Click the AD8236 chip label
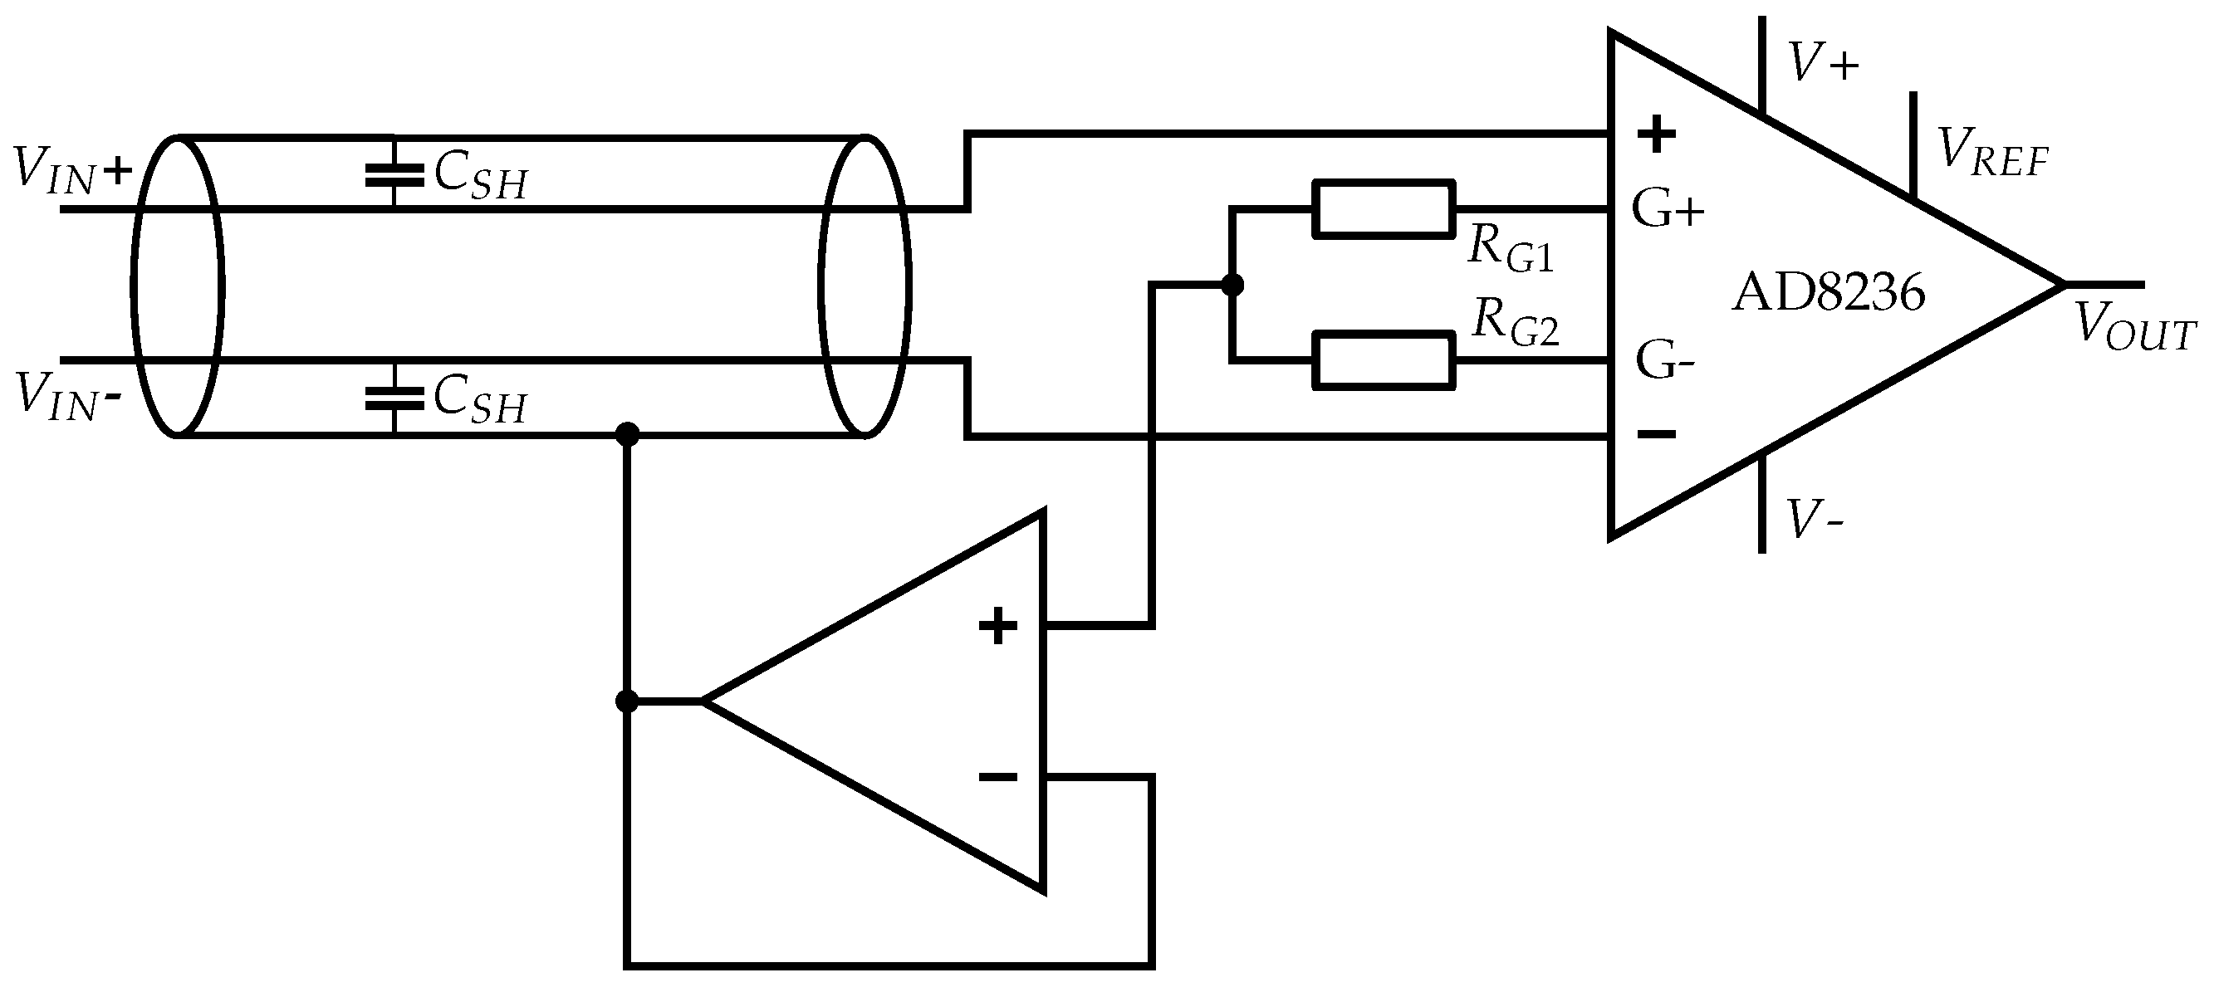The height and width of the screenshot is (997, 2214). click(x=1828, y=293)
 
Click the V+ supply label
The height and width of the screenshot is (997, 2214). click(x=1822, y=63)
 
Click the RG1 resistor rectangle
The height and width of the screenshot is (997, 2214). click(x=1383, y=208)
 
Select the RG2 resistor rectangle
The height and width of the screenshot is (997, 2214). click(x=1383, y=362)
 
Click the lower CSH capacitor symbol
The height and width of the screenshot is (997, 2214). click(x=394, y=397)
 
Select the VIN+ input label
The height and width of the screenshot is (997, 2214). click(x=73, y=169)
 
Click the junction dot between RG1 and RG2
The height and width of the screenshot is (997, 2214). click(x=1232, y=285)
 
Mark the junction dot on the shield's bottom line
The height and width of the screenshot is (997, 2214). click(x=628, y=435)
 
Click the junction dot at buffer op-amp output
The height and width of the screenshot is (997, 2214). click(x=628, y=702)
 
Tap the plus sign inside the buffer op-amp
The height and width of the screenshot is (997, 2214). click(x=998, y=626)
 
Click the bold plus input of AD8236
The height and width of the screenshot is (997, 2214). click(x=1656, y=134)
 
